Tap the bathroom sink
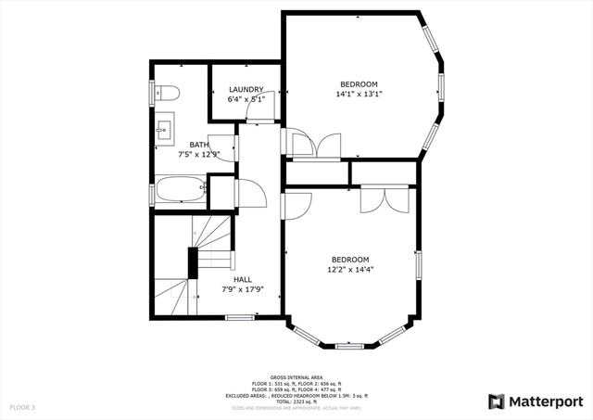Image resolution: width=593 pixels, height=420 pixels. click(x=165, y=127)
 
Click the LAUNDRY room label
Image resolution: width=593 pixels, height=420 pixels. click(x=246, y=90)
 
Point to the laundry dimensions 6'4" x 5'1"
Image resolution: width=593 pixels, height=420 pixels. click(x=246, y=99)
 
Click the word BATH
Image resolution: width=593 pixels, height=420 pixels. click(x=199, y=145)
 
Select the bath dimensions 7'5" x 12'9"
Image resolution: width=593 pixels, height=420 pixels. click(x=199, y=154)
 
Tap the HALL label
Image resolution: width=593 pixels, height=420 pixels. click(x=243, y=279)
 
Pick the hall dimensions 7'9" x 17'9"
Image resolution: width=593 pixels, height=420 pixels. click(x=243, y=289)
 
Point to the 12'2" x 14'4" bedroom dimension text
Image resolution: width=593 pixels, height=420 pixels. click(x=351, y=270)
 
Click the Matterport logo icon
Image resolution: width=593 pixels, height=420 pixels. click(x=497, y=401)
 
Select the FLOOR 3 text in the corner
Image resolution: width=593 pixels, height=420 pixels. click(x=22, y=407)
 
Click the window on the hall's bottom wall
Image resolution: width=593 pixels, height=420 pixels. click(x=240, y=317)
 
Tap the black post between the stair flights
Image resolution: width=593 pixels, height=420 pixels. click(x=194, y=262)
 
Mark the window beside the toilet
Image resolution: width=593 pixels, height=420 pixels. click(x=152, y=94)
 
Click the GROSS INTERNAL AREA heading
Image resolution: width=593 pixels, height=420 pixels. click(x=296, y=375)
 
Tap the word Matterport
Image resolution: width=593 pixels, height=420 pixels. click(x=546, y=401)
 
